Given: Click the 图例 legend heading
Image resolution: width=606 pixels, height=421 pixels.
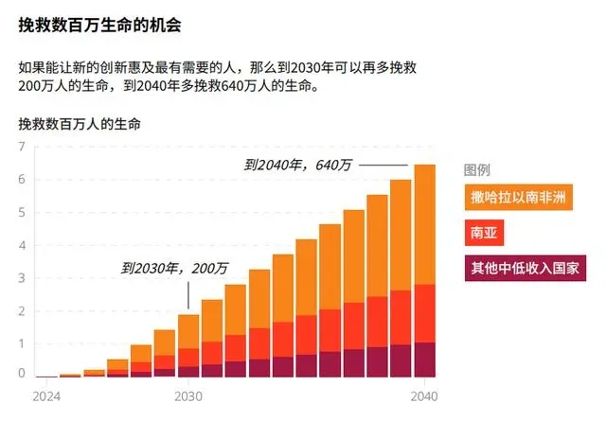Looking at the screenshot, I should tap(476, 170).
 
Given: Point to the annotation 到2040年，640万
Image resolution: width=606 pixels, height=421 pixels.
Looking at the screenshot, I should tap(297, 165).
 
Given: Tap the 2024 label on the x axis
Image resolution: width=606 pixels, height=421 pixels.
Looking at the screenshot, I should tap(45, 395).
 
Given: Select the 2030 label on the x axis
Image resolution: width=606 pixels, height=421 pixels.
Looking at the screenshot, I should tap(188, 395).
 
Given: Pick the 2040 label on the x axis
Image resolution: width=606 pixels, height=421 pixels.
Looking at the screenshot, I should tap(424, 395).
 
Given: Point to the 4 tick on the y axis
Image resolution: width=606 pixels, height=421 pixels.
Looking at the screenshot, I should tap(22, 245).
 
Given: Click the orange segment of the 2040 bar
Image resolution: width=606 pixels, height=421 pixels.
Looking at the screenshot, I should tap(424, 224).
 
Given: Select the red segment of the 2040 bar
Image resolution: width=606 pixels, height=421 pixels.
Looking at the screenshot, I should tap(424, 313).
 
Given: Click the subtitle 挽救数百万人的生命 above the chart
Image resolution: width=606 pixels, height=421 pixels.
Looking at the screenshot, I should tap(79, 124).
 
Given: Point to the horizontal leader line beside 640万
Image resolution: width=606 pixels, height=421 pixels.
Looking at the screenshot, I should tap(383, 166).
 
